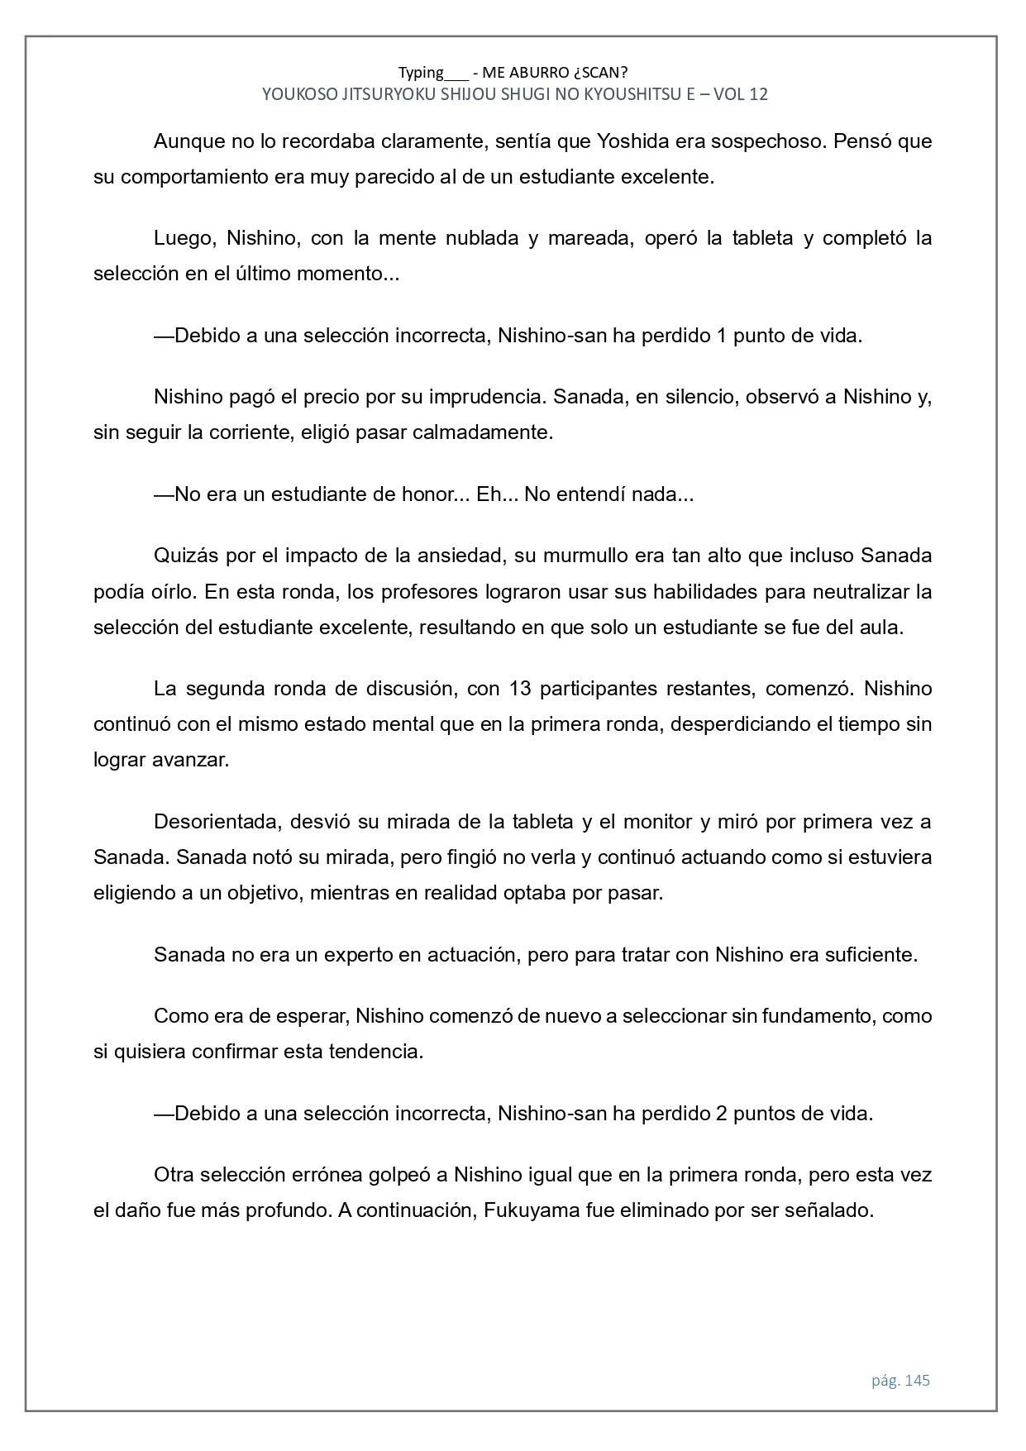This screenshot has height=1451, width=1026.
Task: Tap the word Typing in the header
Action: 421,72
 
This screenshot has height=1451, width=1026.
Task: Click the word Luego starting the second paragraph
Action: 184,238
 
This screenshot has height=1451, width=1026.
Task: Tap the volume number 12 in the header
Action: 758,94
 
